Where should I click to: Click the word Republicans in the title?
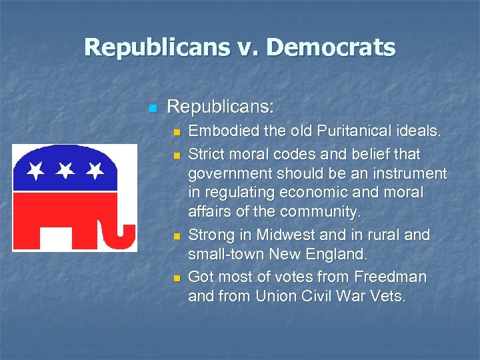click(x=163, y=47)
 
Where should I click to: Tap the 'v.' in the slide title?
click(x=251, y=47)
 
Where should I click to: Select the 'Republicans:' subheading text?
click(x=220, y=107)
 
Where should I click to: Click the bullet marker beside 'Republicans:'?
click(x=153, y=108)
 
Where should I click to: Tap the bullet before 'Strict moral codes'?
click(x=177, y=155)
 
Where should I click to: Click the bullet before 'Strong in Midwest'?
click(x=177, y=237)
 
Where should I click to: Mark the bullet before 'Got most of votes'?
click(x=177, y=278)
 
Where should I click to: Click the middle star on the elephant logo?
click(x=65, y=172)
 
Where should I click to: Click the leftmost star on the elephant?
click(x=35, y=172)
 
